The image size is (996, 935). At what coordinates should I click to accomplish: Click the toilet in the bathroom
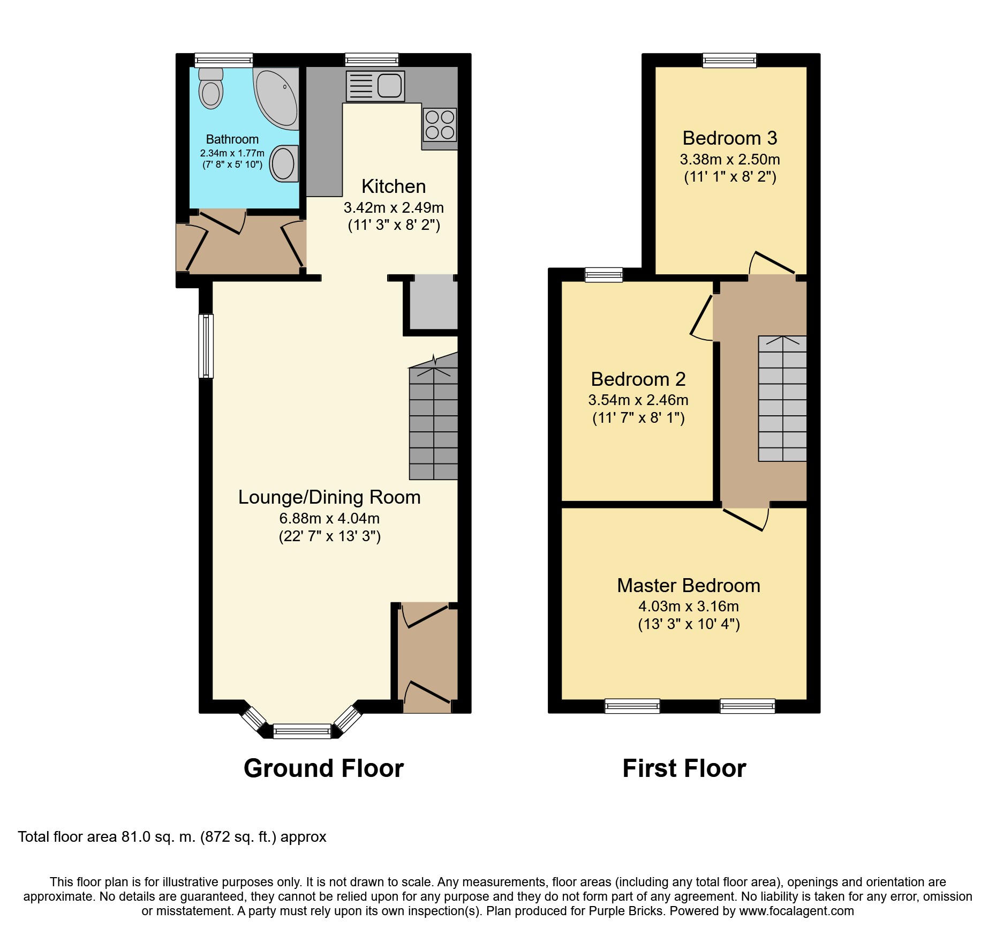(211, 88)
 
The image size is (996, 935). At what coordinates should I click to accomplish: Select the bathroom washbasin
(284, 163)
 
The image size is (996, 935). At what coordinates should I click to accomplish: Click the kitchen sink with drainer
(375, 86)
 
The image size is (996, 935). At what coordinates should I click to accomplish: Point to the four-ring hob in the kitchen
(440, 124)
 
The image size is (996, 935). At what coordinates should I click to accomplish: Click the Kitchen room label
(394, 186)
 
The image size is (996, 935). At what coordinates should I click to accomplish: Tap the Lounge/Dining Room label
(329, 497)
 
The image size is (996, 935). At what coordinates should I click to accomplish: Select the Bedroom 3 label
(730, 138)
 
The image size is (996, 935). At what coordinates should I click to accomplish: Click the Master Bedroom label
(689, 586)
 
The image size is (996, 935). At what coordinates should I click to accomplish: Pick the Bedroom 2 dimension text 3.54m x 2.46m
(638, 400)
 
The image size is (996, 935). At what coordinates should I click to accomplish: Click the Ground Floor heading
(323, 768)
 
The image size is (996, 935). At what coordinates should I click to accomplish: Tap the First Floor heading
(684, 768)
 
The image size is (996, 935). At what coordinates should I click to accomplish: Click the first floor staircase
(782, 399)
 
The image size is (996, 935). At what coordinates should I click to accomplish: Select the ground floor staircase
(434, 416)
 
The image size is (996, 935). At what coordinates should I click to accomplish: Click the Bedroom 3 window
(730, 61)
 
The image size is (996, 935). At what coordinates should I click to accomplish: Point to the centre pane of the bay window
(302, 731)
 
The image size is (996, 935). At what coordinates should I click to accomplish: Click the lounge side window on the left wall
(206, 346)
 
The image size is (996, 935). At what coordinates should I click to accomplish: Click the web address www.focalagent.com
(797, 911)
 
